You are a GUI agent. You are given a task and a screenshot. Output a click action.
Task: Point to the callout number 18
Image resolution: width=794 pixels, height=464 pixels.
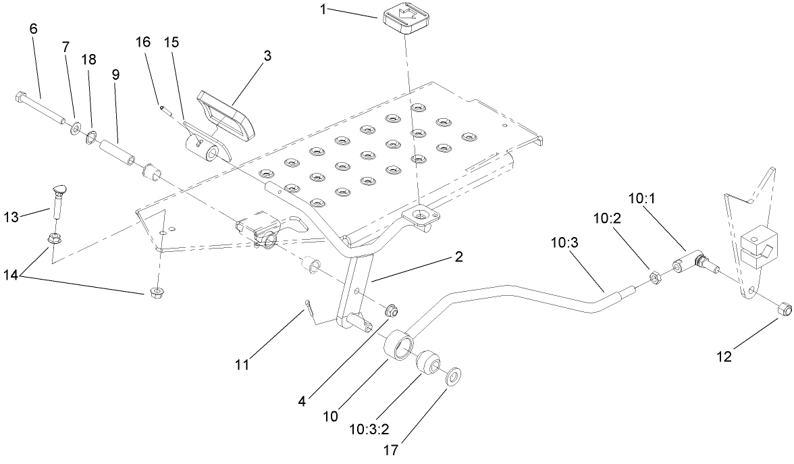[x=88, y=60]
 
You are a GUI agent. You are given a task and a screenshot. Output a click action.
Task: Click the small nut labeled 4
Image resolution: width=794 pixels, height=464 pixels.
[x=390, y=311]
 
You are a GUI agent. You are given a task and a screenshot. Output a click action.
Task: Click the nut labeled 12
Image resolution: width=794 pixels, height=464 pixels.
[x=784, y=310]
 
